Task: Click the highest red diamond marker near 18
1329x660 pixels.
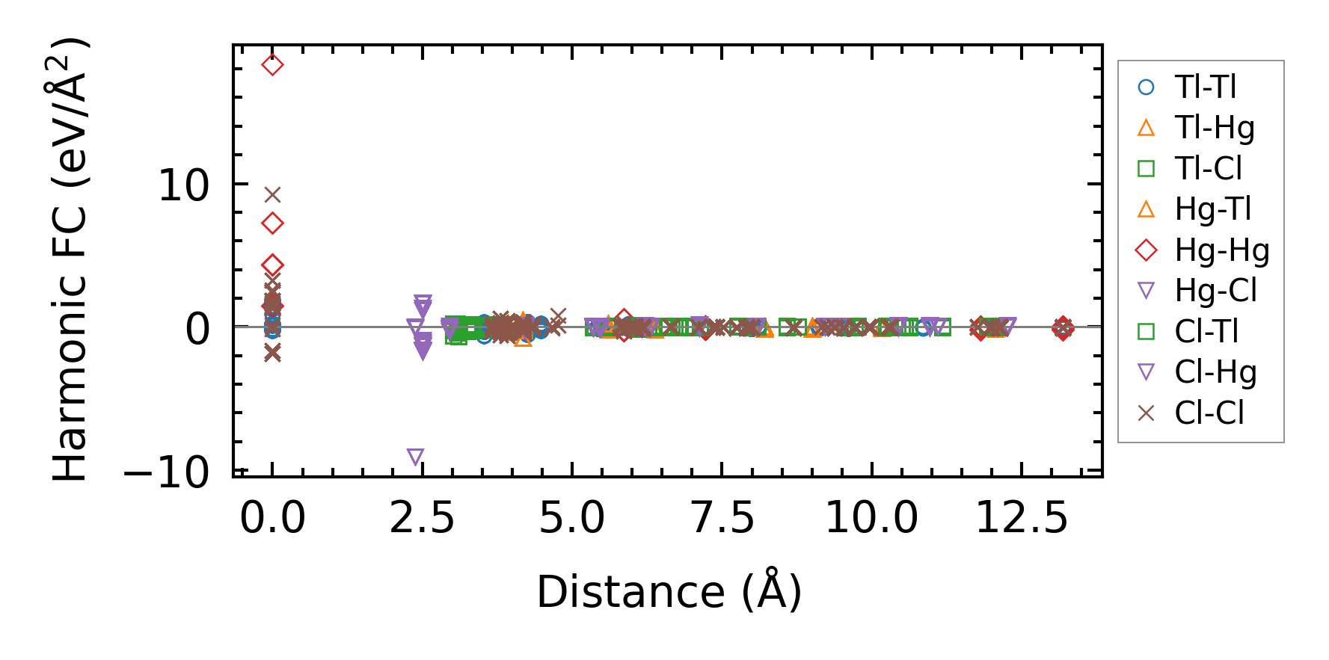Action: click(272, 65)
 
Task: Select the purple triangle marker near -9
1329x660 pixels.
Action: click(416, 457)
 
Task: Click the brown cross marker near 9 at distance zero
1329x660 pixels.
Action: click(272, 195)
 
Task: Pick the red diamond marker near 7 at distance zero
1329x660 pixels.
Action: click(272, 223)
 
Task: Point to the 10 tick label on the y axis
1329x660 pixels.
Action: click(183, 185)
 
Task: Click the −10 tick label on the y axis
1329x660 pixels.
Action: click(166, 472)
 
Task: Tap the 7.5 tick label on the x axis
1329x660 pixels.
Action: click(722, 517)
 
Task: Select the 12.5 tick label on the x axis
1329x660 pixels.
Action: click(1022, 517)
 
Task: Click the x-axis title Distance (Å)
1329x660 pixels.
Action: click(669, 592)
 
